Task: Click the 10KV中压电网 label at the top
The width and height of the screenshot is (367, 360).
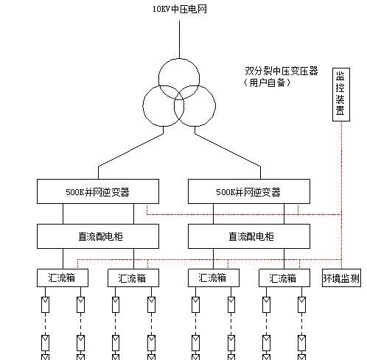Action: pyautogui.click(x=180, y=10)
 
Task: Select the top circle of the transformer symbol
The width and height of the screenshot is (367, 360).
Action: pyautogui.click(x=179, y=59)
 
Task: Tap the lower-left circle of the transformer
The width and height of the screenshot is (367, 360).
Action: pyautogui.click(x=143, y=106)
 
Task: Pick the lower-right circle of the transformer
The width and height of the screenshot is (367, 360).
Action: pyautogui.click(x=215, y=106)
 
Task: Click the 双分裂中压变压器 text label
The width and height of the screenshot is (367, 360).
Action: pyautogui.click(x=282, y=71)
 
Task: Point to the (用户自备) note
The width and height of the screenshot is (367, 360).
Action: pyautogui.click(x=268, y=82)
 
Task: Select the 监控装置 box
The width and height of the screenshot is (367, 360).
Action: pyautogui.click(x=341, y=94)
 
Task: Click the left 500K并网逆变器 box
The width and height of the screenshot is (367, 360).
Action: pyautogui.click(x=98, y=191)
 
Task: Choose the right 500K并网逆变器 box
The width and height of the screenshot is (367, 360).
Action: pyautogui.click(x=249, y=191)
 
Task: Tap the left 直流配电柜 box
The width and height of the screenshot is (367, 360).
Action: pyautogui.click(x=98, y=236)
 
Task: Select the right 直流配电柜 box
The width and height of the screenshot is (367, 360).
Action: pyautogui.click(x=249, y=236)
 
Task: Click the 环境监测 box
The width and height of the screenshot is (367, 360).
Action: pyautogui.click(x=341, y=278)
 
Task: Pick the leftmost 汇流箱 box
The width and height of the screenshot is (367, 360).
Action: pyautogui.click(x=63, y=278)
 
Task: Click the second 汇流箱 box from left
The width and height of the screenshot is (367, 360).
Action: pyautogui.click(x=133, y=278)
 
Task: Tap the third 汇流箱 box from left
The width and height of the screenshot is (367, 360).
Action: pyautogui.click(x=214, y=278)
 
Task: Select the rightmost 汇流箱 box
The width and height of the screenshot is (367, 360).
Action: pyautogui.click(x=284, y=278)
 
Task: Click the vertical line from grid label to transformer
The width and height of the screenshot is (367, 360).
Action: pyautogui.click(x=179, y=40)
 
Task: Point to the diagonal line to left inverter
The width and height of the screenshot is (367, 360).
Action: pyautogui.click(x=130, y=150)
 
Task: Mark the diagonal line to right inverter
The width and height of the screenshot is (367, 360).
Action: pyautogui.click(x=228, y=150)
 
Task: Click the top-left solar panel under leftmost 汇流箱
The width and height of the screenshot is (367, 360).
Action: pyautogui.click(x=45, y=305)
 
